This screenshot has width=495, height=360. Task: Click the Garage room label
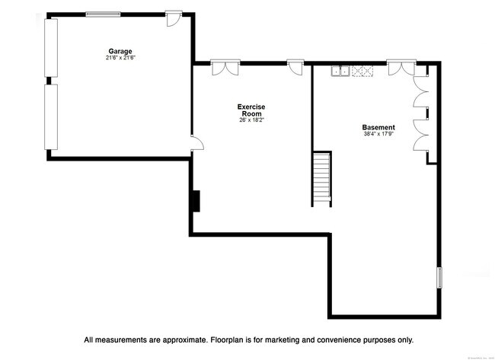pos(120,52)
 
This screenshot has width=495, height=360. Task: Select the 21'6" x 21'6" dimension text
pos(120,58)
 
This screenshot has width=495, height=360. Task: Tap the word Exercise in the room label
pos(251,107)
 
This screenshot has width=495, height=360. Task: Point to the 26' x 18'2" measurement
pos(251,119)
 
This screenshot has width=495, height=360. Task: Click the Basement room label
pos(378,127)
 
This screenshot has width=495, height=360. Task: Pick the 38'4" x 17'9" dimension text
pos(378,134)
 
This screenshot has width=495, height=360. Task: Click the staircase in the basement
pos(321,178)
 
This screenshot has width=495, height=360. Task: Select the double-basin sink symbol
pos(340,72)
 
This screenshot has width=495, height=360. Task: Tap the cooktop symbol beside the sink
pos(362,72)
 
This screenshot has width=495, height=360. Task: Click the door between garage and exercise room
pos(195,143)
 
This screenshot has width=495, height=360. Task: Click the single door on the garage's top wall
pos(174,17)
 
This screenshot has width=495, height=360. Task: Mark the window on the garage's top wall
pos(107,13)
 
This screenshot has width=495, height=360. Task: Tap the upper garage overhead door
pos(51,47)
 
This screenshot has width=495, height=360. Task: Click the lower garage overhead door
pos(51,116)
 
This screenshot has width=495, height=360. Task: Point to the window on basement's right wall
pos(439,276)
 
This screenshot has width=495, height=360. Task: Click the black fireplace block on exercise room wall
pos(195,200)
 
